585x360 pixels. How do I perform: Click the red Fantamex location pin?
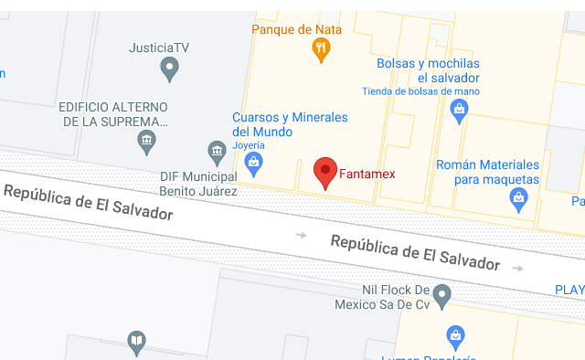[x=325, y=171]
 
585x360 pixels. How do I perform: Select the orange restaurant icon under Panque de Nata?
[x=321, y=51]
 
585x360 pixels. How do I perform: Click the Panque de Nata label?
[x=296, y=29]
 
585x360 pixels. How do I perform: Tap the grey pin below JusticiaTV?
[x=169, y=67]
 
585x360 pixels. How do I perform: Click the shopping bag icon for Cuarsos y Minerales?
[x=255, y=164]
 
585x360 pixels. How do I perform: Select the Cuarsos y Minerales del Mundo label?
[x=290, y=124]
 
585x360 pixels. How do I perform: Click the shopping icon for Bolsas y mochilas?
[x=460, y=111]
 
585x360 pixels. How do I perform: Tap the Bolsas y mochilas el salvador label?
[x=428, y=70]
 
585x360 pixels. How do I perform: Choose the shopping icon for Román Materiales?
[x=519, y=198]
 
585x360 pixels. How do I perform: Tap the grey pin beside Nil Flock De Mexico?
[x=442, y=295]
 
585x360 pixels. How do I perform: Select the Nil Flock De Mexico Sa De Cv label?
[x=381, y=297]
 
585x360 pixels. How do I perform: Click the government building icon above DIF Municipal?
[x=217, y=151]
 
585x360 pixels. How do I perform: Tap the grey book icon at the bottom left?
[x=136, y=342]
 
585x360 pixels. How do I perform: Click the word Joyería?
[x=248, y=145]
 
